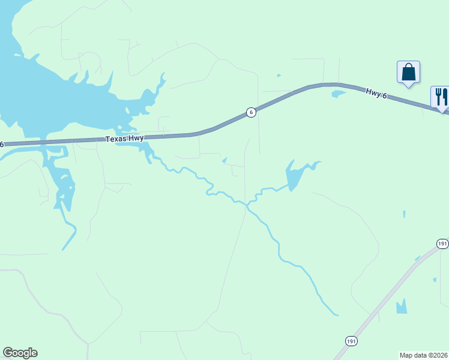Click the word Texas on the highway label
click(x=117, y=139)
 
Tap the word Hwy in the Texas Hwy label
click(x=136, y=138)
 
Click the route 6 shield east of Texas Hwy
click(x=252, y=112)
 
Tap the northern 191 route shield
click(x=442, y=243)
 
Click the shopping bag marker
click(x=408, y=73)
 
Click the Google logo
click(x=20, y=353)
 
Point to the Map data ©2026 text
click(x=424, y=355)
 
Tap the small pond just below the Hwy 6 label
click(x=339, y=94)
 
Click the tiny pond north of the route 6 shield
click(x=279, y=76)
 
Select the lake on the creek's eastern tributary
click(x=294, y=177)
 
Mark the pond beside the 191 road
click(x=401, y=307)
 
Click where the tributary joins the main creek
click(x=247, y=207)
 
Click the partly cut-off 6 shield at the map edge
click(x=2, y=144)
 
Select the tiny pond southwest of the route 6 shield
click(x=224, y=160)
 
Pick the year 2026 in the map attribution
click(x=439, y=355)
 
